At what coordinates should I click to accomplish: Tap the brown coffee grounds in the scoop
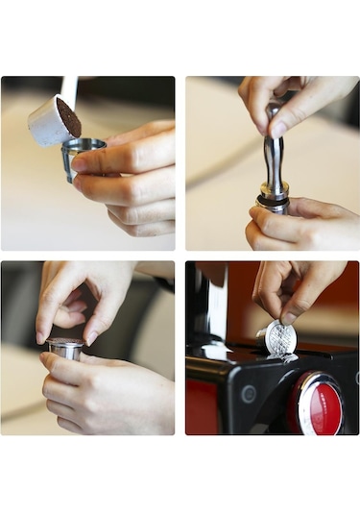[x=68, y=117]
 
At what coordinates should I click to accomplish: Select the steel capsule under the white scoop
[x=82, y=157]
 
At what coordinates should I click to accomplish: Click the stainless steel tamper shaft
[x=274, y=159]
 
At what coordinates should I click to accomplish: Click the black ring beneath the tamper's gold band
[x=273, y=203]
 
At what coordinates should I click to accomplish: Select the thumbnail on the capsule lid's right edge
[x=90, y=337]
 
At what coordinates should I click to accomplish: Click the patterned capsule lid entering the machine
[x=279, y=339]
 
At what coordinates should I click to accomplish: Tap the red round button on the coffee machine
[x=322, y=407]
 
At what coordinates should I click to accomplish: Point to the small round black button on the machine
[x=251, y=394]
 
